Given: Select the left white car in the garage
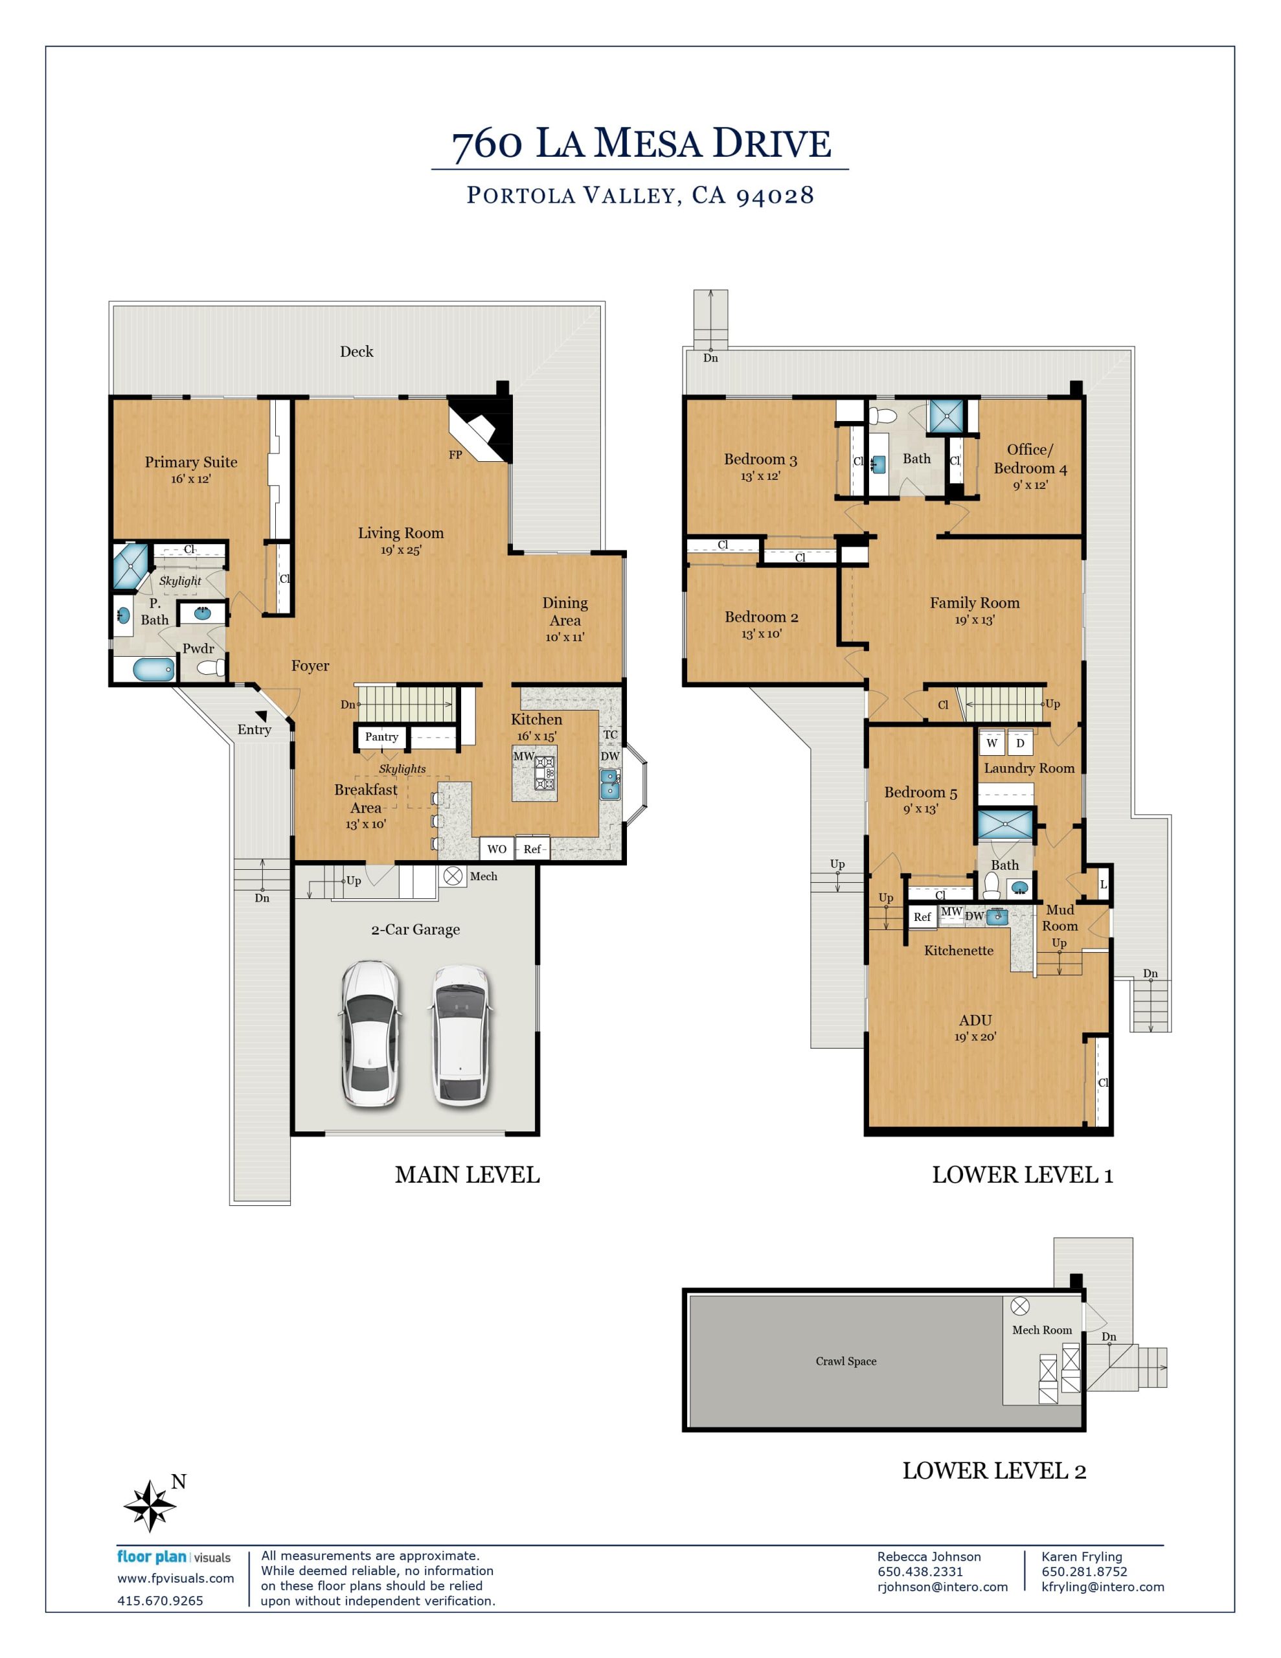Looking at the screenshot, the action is pyautogui.click(x=370, y=1035).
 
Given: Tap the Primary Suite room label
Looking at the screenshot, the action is pyautogui.click(x=190, y=462).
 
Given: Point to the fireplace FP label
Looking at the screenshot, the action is pyautogui.click(x=455, y=455).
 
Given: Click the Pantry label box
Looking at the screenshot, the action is pyautogui.click(x=381, y=737).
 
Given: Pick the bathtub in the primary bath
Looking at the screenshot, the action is pyautogui.click(x=154, y=670).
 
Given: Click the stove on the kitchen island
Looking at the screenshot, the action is pyautogui.click(x=545, y=773).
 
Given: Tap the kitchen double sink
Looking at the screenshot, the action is pyautogui.click(x=609, y=785).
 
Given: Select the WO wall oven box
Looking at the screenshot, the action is pyautogui.click(x=497, y=848).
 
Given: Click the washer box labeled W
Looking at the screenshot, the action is pyautogui.click(x=992, y=744).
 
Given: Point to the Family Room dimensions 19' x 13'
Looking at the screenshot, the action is pyautogui.click(x=975, y=619).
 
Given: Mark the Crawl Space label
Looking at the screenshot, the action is pyautogui.click(x=846, y=1361).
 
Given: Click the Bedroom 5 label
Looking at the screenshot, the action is pyautogui.click(x=920, y=792).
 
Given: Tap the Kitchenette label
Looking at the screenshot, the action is pyautogui.click(x=958, y=949).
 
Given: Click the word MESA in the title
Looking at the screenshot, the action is pyautogui.click(x=647, y=144).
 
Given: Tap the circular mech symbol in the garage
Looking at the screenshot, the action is pyautogui.click(x=453, y=876).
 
